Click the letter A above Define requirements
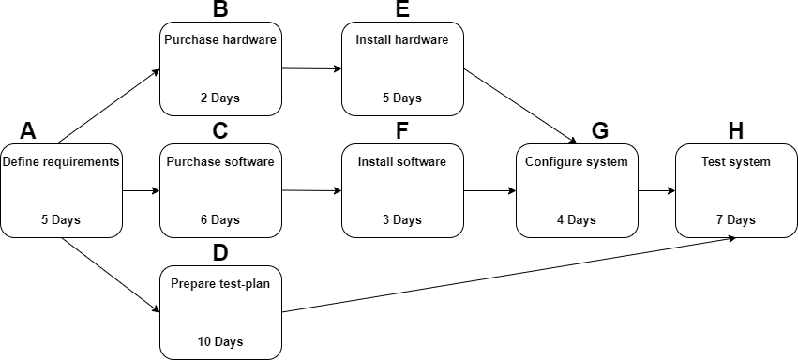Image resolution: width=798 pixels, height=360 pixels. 27,130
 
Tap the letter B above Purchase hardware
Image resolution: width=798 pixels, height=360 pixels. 220,10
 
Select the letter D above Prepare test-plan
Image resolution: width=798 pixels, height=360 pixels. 220,252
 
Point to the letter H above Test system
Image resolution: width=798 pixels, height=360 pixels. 736,130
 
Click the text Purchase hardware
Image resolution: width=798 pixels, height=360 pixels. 220,40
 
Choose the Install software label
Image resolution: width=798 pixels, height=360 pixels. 402,161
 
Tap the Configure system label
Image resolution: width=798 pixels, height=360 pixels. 577,161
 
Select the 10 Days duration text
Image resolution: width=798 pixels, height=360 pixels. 220,341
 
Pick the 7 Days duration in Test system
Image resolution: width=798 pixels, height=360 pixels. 736,220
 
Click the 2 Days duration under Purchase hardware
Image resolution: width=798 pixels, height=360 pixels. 220,97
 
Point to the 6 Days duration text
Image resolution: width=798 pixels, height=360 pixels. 220,220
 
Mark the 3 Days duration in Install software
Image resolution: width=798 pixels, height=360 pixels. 402,220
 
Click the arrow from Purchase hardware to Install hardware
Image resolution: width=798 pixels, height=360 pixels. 311,68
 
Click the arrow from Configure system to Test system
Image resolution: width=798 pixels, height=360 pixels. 656,190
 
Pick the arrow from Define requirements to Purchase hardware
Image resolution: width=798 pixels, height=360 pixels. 109,106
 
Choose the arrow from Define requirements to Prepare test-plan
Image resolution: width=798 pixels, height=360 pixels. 109,276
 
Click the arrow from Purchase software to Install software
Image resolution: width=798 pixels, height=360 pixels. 311,190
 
